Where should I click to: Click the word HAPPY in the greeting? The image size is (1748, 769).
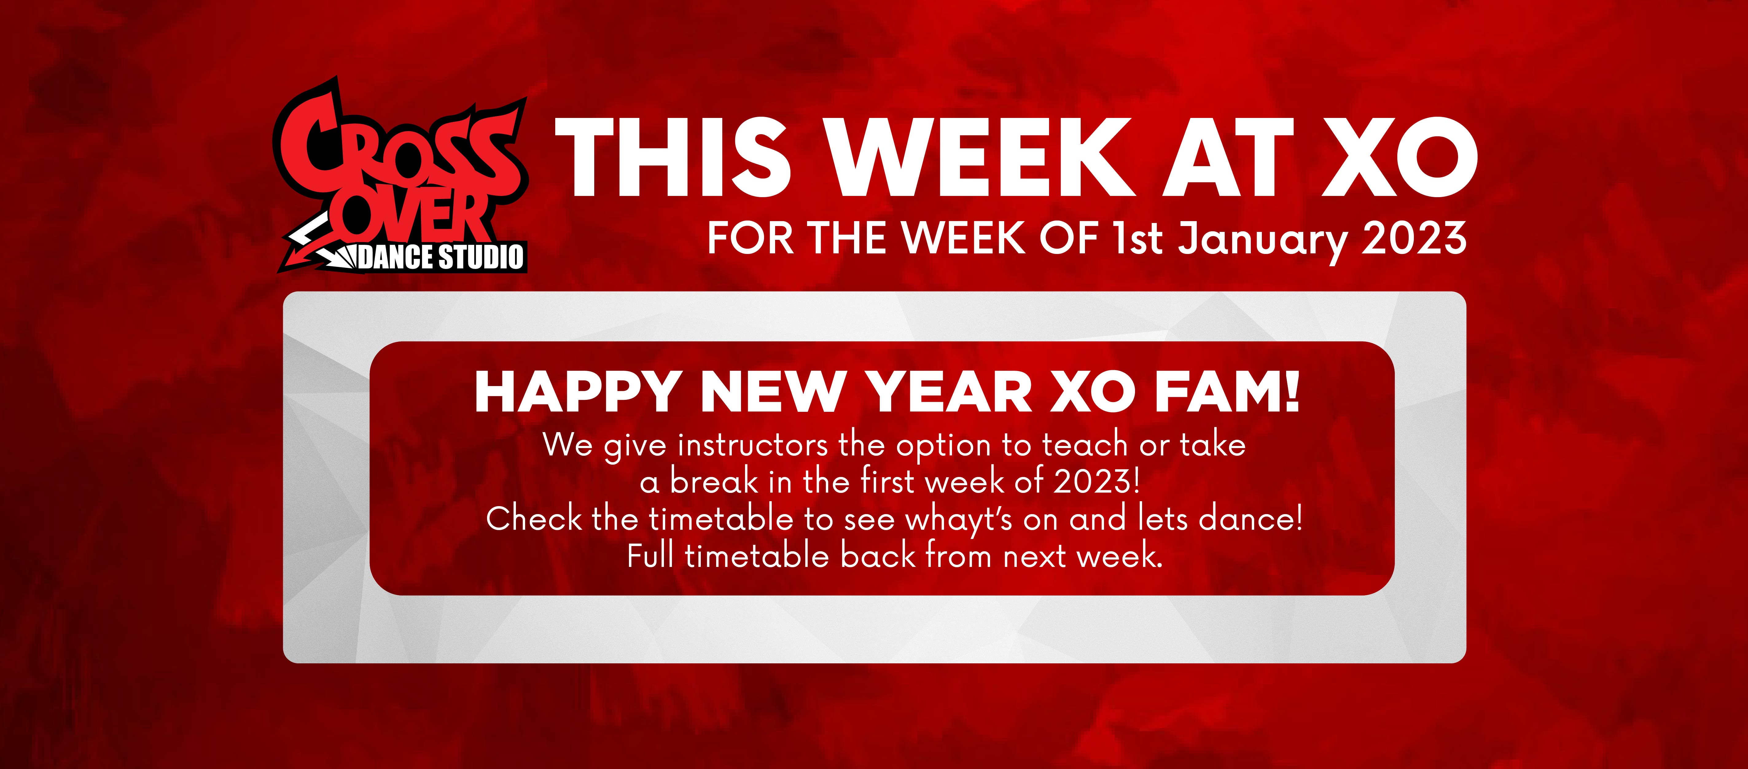click(577, 392)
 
